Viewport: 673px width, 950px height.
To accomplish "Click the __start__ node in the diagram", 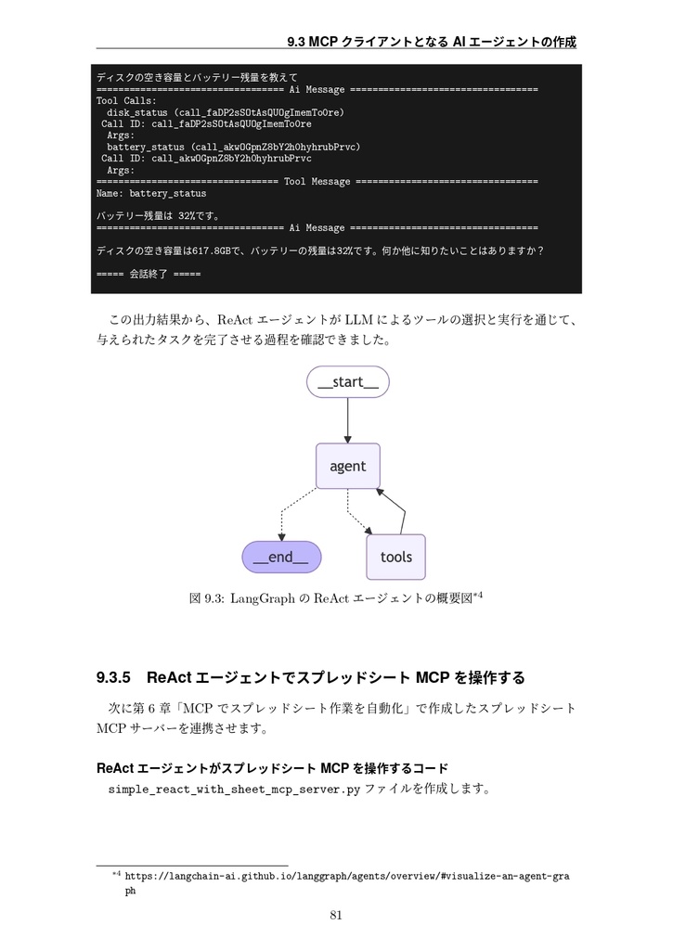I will (x=347, y=382).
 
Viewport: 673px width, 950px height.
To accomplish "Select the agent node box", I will (x=347, y=466).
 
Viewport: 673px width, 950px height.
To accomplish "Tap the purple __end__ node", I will (x=281, y=557).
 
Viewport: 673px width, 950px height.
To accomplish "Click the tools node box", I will (x=395, y=557).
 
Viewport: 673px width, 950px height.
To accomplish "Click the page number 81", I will (x=336, y=917).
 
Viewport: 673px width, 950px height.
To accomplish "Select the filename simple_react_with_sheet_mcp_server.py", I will (x=234, y=790).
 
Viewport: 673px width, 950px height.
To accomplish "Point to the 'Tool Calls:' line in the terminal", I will (x=126, y=100).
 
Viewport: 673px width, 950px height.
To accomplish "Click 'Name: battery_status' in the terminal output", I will (x=151, y=194).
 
